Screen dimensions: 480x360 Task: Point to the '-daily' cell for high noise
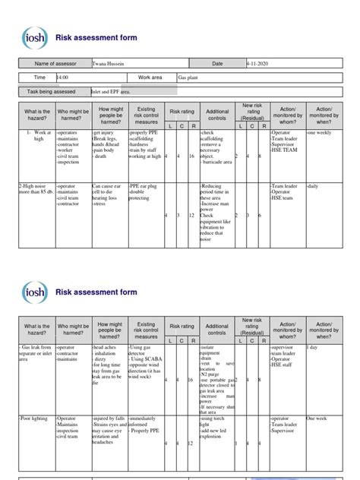(314, 185)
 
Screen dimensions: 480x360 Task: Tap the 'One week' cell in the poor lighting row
(317, 418)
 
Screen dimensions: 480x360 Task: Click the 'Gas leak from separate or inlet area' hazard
(34, 352)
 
